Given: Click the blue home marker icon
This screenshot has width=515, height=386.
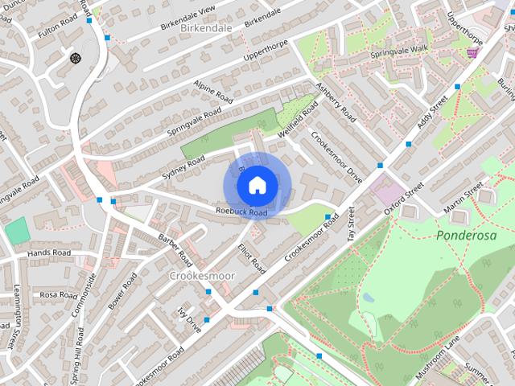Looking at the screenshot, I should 256,186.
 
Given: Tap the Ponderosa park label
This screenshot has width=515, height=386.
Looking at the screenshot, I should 463,236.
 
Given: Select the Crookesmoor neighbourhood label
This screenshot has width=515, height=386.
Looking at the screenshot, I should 202,276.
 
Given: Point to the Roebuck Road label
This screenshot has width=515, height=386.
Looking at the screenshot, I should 241,212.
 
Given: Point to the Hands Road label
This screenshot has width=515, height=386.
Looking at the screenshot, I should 49,253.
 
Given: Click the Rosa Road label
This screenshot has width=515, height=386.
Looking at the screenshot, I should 58,294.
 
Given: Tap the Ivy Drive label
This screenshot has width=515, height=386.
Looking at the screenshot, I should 189,318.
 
